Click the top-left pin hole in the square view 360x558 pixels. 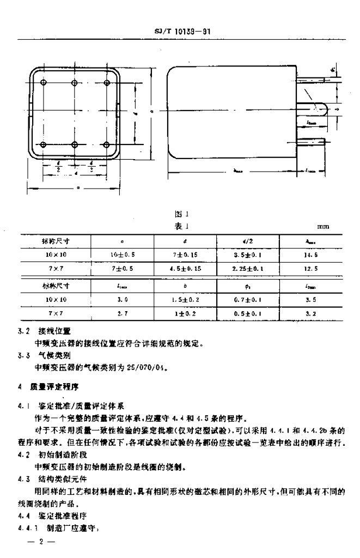point(44,82)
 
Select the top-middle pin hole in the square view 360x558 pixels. point(76,82)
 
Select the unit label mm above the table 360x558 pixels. point(324,226)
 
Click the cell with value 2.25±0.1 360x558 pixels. point(248,268)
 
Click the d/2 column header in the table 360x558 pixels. point(248,240)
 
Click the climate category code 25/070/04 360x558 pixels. point(148,366)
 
